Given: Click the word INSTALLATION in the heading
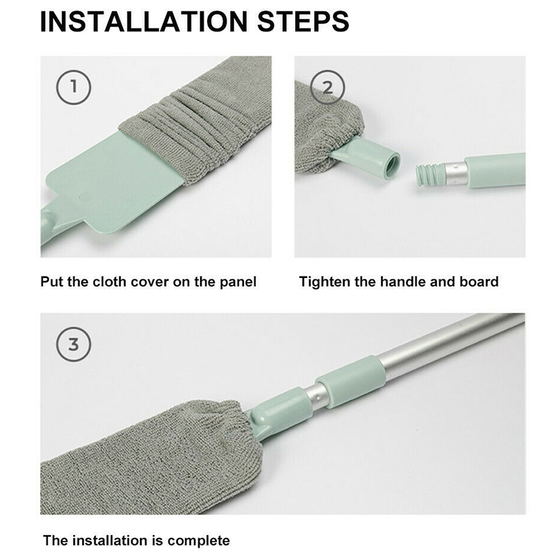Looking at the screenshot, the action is [x=144, y=22].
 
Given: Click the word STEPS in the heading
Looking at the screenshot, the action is [x=303, y=22].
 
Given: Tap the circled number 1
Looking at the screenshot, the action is [x=74, y=88].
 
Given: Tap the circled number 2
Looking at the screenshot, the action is [x=327, y=88].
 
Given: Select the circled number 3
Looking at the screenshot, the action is [x=74, y=344].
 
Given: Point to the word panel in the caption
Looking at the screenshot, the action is [x=238, y=283].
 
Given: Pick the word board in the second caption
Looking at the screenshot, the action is [x=479, y=282].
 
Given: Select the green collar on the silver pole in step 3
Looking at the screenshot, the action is [x=350, y=381].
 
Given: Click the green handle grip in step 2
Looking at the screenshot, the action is [x=496, y=170].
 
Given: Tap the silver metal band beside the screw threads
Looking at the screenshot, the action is [x=455, y=173].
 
